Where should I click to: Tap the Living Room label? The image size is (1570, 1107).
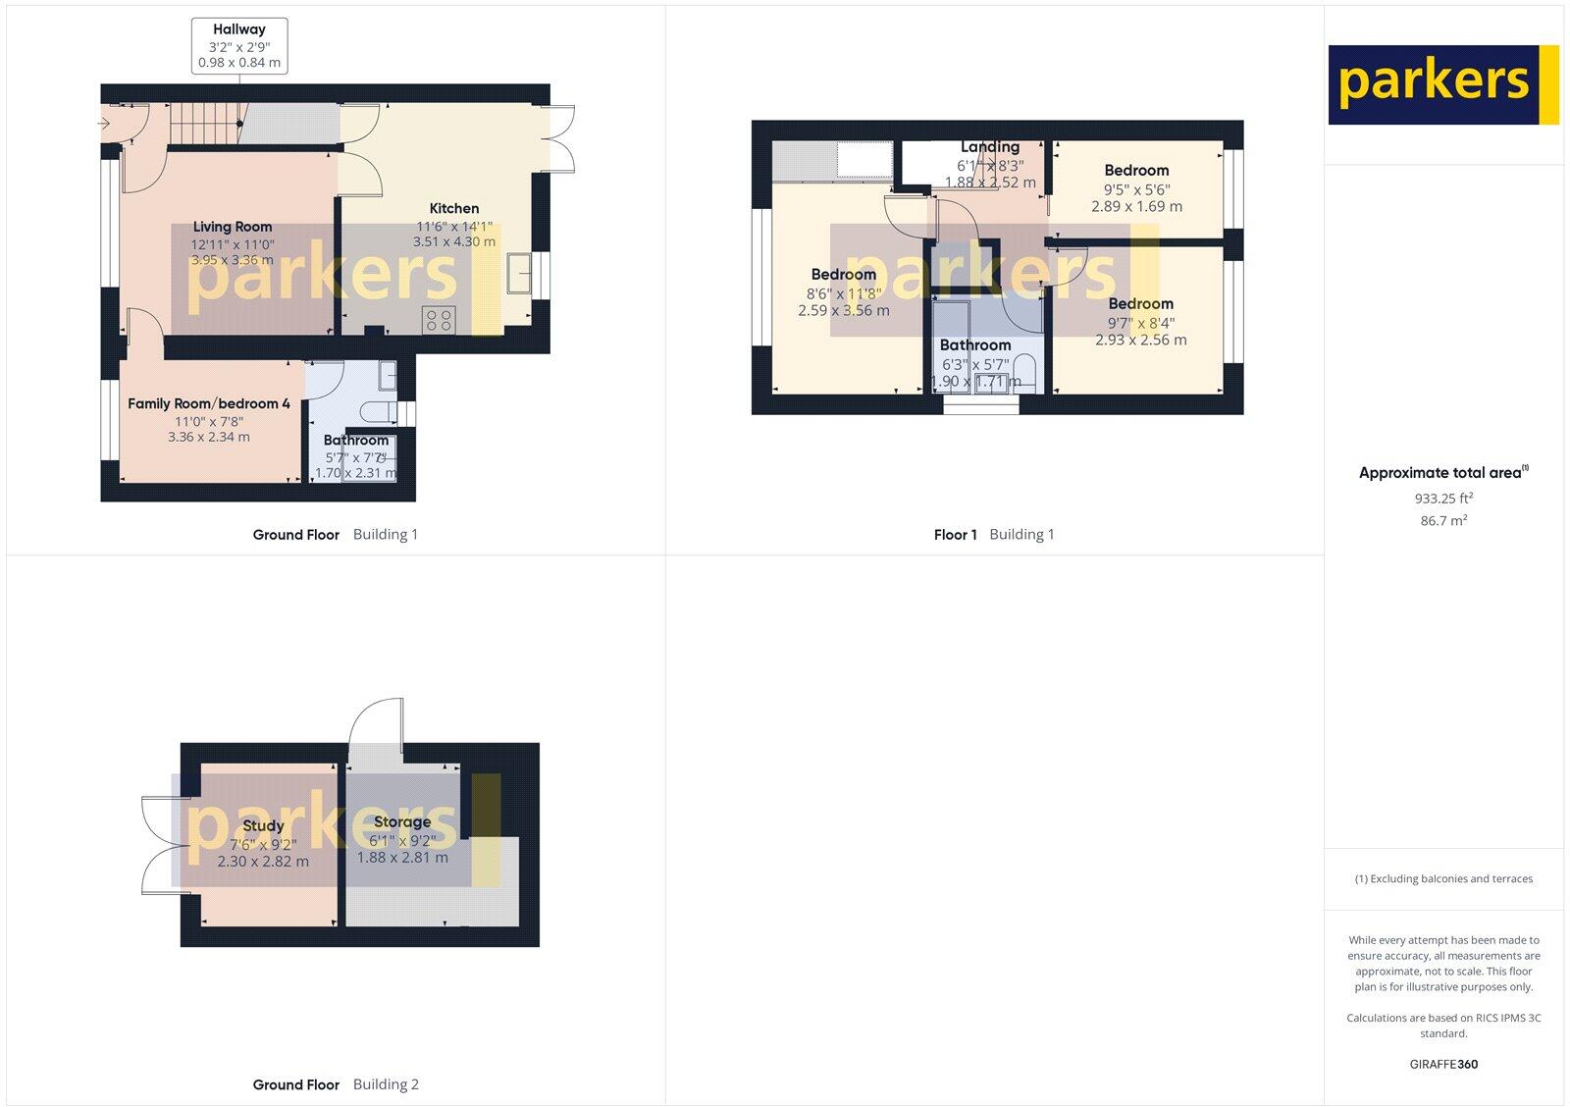(x=233, y=227)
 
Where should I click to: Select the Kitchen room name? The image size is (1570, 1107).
(x=454, y=208)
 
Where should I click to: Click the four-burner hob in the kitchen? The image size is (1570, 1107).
(x=438, y=319)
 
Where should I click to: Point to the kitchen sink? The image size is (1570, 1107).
(x=520, y=273)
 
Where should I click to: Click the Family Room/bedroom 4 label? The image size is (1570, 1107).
(x=209, y=403)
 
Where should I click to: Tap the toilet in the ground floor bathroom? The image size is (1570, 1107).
(x=379, y=410)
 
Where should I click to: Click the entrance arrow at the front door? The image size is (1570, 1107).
(x=105, y=124)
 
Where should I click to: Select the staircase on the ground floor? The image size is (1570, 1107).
(x=206, y=125)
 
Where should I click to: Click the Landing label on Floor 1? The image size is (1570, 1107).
(x=990, y=147)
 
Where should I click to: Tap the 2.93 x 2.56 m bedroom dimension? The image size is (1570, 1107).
(x=1141, y=340)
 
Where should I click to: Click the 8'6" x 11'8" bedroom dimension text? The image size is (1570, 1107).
(x=844, y=292)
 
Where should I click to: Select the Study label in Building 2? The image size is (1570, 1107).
(x=263, y=826)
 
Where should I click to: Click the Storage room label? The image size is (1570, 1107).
(x=402, y=822)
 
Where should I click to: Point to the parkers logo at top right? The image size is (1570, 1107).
(x=1442, y=84)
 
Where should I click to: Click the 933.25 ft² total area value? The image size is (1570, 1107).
(x=1443, y=499)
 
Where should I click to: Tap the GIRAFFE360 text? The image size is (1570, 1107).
(x=1443, y=1064)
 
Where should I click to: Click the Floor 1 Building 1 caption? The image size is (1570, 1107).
(x=994, y=535)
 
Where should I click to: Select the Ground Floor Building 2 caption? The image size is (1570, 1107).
(x=336, y=1084)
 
